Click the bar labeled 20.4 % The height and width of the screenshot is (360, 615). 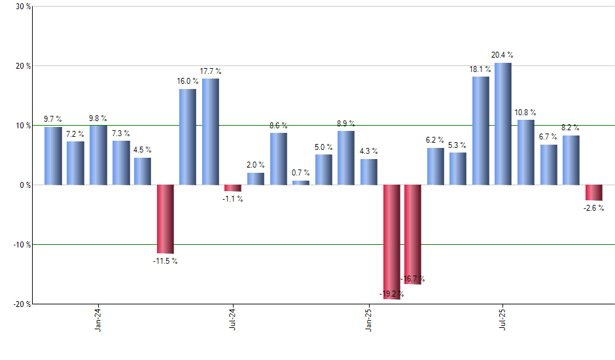pyautogui.click(x=503, y=124)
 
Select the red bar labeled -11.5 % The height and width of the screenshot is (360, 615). pyautogui.click(x=166, y=219)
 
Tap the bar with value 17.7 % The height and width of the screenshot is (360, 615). pyautogui.click(x=211, y=132)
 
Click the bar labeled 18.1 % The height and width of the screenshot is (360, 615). pyautogui.click(x=481, y=131)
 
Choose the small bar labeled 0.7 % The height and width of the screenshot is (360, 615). pyautogui.click(x=301, y=183)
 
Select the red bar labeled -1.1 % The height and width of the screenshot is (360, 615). pyautogui.click(x=233, y=188)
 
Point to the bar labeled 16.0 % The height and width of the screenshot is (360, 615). pyautogui.click(x=188, y=137)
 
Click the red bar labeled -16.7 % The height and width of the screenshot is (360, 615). pyautogui.click(x=413, y=234)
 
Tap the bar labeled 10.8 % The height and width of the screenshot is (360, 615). pyautogui.click(x=525, y=152)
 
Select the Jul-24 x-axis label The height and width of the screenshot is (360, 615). pyautogui.click(x=233, y=320)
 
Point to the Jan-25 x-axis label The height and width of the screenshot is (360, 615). pyautogui.click(x=368, y=320)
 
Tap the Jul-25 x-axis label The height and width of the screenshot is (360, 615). pyautogui.click(x=503, y=320)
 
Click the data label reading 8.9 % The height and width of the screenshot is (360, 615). pyautogui.click(x=346, y=123)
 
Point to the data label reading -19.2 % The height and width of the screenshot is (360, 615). pyautogui.click(x=392, y=294)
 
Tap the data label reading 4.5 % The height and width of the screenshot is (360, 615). pyautogui.click(x=143, y=150)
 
